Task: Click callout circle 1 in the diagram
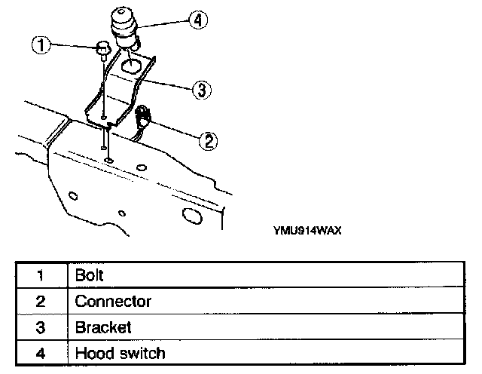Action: point(42,46)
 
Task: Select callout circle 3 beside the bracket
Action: point(200,90)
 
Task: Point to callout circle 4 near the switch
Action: point(198,20)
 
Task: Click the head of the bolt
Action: point(100,50)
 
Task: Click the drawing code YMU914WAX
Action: point(308,231)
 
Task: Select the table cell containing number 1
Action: point(41,274)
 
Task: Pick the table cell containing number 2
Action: point(41,301)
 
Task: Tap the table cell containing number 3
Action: point(41,327)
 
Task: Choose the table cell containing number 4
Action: point(41,353)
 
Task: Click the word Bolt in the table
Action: point(89,274)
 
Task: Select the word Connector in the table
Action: point(113,301)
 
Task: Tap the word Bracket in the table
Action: point(103,327)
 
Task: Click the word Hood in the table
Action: point(91,353)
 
